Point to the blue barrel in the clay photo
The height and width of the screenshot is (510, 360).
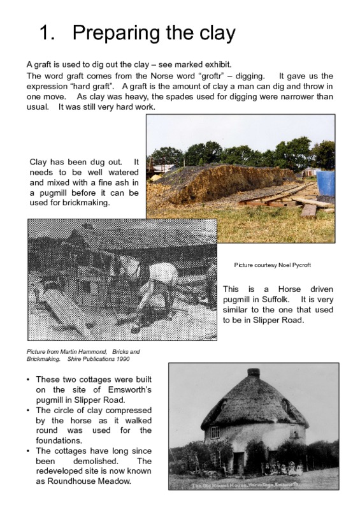coord(326,182)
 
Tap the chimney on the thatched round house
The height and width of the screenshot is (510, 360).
coord(254,372)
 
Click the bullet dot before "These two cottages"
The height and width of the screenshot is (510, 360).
coord(29,379)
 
